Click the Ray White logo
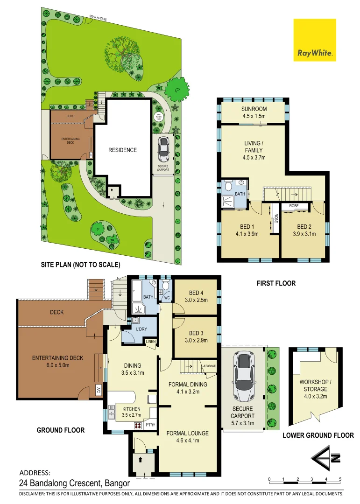point(314,40)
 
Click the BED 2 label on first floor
point(304,227)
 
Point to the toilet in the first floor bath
point(228,186)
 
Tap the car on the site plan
point(163,149)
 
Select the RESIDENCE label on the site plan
point(123,150)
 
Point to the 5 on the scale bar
point(340,479)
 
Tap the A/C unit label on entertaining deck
point(99,389)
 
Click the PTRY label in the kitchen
point(150,425)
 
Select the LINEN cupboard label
point(151,343)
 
